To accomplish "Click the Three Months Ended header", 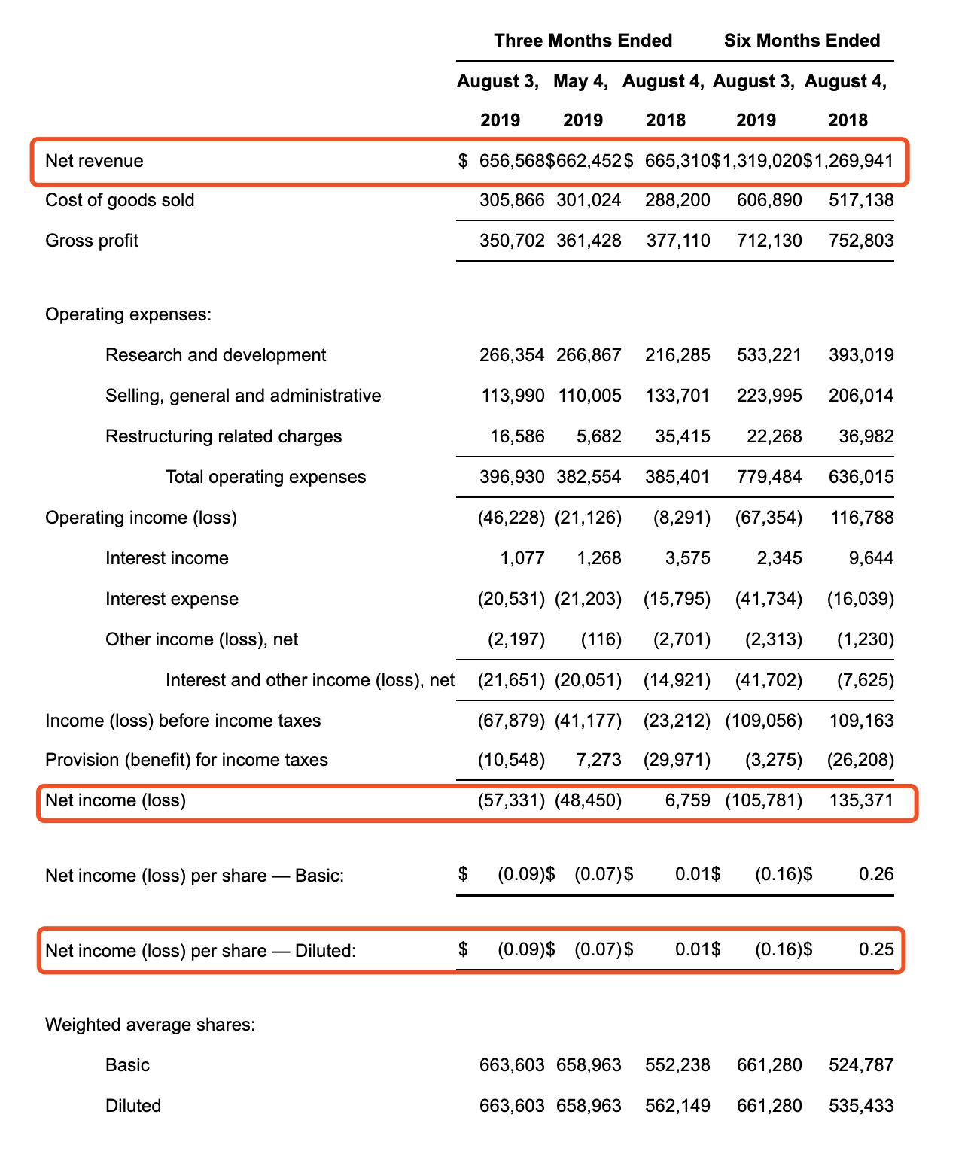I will [x=583, y=41].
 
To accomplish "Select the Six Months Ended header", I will [x=802, y=41].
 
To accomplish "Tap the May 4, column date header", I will [x=580, y=81].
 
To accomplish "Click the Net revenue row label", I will [x=94, y=161].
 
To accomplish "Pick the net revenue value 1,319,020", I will [x=756, y=161].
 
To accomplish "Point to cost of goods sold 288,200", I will [x=677, y=200].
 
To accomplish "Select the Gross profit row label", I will [x=92, y=241].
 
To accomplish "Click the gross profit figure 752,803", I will [x=861, y=241].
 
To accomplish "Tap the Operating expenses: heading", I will [x=128, y=314].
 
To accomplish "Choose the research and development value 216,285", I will [x=677, y=355].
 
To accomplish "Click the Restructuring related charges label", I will [x=224, y=436].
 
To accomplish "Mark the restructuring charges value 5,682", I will [x=599, y=436].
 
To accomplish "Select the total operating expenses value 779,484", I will [x=769, y=477].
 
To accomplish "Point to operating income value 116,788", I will [x=862, y=518].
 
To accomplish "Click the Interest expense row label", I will [x=172, y=599].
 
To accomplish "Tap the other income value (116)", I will [x=601, y=639].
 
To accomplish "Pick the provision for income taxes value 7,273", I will [x=599, y=760].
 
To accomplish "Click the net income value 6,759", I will [x=687, y=800].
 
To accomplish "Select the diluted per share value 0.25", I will [x=876, y=949].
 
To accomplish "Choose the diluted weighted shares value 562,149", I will [x=677, y=1106].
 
